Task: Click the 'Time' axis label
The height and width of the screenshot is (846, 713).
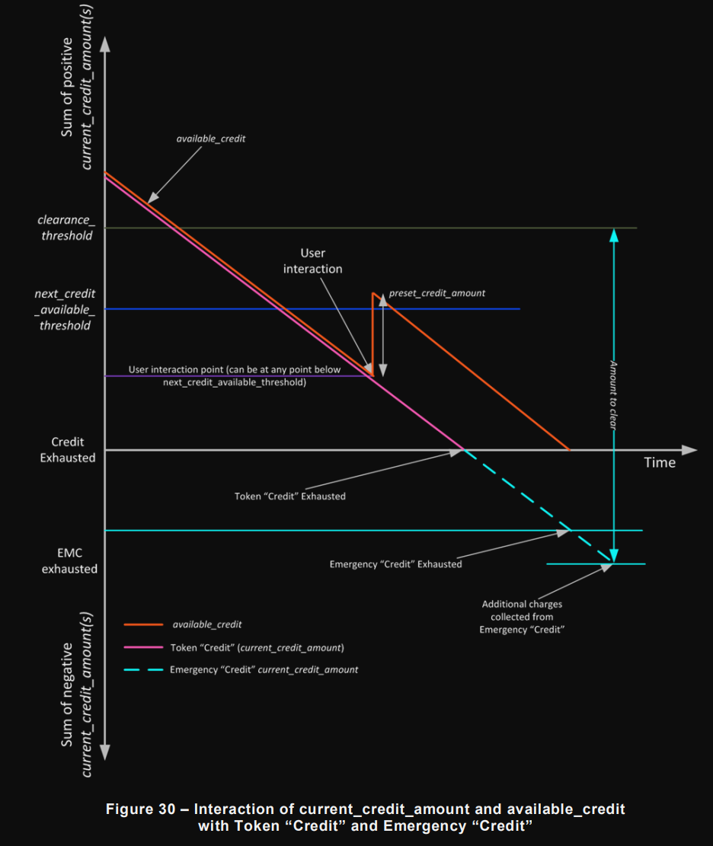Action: [x=659, y=462]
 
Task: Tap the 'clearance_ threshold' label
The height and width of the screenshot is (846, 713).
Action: [x=66, y=228]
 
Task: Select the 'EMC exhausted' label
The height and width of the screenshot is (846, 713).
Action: [x=69, y=560]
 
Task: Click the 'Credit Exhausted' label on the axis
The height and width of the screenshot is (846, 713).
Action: [x=68, y=449]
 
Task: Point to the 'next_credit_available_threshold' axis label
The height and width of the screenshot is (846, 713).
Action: [x=65, y=309]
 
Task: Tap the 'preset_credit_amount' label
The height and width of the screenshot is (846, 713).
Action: [x=436, y=292]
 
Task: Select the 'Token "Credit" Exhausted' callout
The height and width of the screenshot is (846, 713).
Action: [x=289, y=496]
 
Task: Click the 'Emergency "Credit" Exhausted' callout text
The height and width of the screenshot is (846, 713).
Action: [x=395, y=564]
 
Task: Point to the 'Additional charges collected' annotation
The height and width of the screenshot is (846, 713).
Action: [x=522, y=617]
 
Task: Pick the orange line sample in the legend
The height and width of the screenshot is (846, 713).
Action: [x=143, y=624]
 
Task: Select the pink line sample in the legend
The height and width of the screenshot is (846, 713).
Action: [x=143, y=647]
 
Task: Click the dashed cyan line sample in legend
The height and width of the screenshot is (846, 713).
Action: [x=143, y=670]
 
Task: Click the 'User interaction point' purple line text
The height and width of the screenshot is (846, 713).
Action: [x=235, y=375]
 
